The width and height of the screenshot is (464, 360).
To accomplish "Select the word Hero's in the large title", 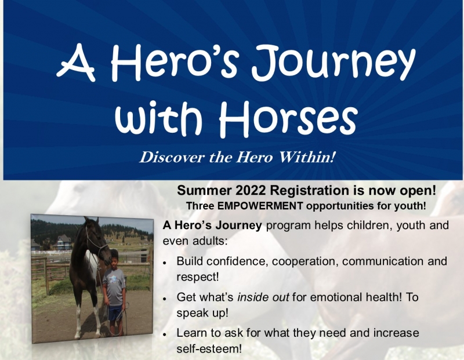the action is [174, 62].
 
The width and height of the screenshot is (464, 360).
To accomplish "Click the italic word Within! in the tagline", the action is [307, 157].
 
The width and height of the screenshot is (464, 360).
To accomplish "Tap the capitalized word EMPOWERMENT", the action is [260, 206].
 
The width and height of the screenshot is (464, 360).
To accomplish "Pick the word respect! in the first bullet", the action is [198, 277].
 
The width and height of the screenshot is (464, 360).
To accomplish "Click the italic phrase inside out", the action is [263, 297].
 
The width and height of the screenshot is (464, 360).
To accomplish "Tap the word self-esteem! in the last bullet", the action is [209, 348].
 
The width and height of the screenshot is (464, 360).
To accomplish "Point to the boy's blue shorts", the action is [115, 314].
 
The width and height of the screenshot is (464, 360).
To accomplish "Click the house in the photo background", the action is [63, 242].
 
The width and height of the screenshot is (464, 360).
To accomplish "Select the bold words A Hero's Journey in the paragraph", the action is [212, 226].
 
